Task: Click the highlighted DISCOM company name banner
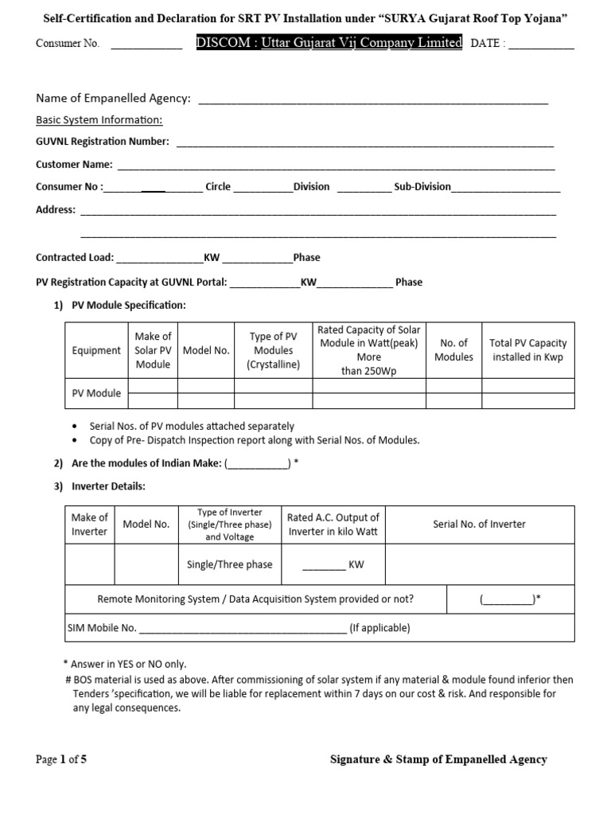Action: coord(329,43)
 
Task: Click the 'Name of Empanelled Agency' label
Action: coord(113,98)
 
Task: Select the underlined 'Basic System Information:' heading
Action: coord(99,120)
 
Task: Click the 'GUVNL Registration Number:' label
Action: coord(103,142)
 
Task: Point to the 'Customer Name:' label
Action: coord(74,165)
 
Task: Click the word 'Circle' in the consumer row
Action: coord(218,187)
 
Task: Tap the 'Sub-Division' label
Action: coord(422,187)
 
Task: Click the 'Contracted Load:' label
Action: coord(75,258)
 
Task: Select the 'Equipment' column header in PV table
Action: coord(96,350)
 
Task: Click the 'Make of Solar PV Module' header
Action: coord(153,350)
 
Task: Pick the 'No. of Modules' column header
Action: coord(453,350)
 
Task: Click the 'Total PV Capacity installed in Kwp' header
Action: coord(527,350)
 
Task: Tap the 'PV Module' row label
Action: coord(96,393)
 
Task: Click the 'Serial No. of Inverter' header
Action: coord(479,524)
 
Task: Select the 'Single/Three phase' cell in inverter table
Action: coord(229,564)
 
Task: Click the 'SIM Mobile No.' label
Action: coord(102,628)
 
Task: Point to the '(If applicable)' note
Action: coord(380,628)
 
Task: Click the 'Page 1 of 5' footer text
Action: coord(61,759)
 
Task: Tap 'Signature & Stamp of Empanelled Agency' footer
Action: coord(438,759)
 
